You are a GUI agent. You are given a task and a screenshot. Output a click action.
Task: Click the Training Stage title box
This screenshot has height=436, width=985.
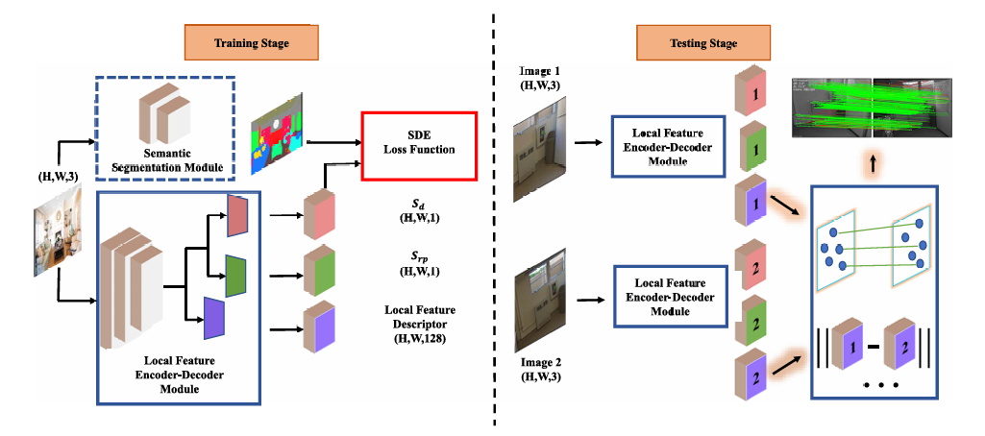[251, 43]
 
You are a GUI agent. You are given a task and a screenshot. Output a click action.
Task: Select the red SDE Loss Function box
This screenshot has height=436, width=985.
[418, 146]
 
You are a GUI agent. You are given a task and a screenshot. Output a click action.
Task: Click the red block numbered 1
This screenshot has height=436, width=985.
[752, 97]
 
